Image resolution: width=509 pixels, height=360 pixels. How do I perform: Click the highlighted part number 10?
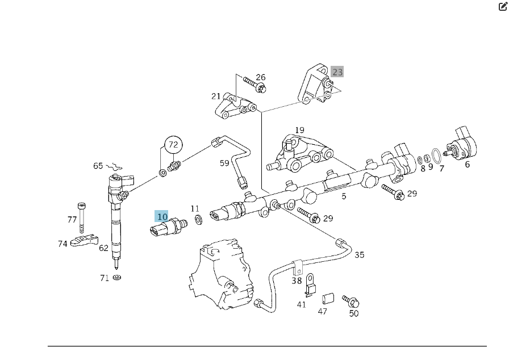pyautogui.click(x=162, y=216)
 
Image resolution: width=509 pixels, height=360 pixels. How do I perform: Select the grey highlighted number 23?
pyautogui.click(x=337, y=72)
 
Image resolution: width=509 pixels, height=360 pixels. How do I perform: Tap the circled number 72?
pyautogui.click(x=173, y=144)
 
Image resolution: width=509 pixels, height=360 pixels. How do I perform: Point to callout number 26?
pyautogui.click(x=260, y=77)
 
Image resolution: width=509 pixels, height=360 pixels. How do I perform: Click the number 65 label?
pyautogui.click(x=99, y=166)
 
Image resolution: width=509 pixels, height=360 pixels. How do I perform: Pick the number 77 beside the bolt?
pyautogui.click(x=72, y=219)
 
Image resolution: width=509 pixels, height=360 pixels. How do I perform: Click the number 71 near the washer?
pyautogui.click(x=104, y=278)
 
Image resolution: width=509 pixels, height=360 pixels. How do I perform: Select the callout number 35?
pyautogui.click(x=360, y=255)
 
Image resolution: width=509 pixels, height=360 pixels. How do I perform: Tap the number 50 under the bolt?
pyautogui.click(x=354, y=313)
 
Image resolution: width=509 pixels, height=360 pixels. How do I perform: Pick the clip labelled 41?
pyautogui.click(x=310, y=286)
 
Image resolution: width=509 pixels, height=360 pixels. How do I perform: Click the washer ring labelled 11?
pyautogui.click(x=198, y=219)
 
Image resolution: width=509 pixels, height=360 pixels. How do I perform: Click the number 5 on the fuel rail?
pyautogui.click(x=344, y=196)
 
